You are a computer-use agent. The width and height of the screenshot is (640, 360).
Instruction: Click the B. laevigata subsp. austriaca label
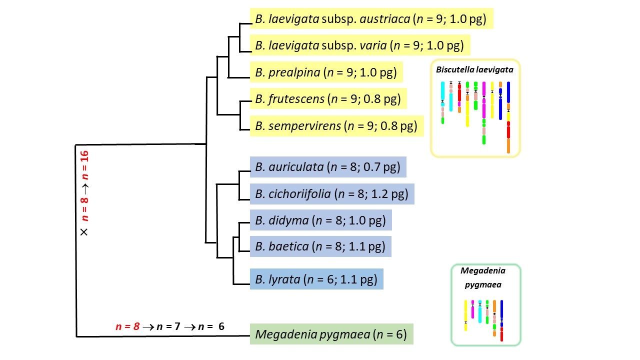click(371, 19)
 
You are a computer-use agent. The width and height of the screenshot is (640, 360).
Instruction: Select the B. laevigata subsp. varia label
click(359, 46)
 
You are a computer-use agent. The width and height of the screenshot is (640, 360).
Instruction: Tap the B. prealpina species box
click(326, 72)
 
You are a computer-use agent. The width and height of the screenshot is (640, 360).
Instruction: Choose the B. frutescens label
click(328, 99)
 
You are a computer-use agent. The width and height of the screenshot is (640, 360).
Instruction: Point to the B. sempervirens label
click(336, 125)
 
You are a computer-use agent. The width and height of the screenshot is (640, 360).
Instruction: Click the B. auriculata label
click(327, 167)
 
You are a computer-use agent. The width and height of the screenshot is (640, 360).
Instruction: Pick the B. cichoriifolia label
click(332, 193)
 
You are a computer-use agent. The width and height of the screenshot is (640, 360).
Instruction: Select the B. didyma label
click(320, 220)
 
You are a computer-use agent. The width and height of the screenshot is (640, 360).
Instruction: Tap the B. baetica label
click(320, 246)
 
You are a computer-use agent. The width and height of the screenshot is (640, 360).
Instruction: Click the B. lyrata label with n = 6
click(316, 279)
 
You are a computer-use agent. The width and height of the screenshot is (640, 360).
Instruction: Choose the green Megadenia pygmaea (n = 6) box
click(331, 334)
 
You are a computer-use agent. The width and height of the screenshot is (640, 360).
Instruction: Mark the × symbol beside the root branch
click(84, 232)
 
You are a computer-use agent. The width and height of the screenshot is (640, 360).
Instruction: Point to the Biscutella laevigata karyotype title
click(474, 70)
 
